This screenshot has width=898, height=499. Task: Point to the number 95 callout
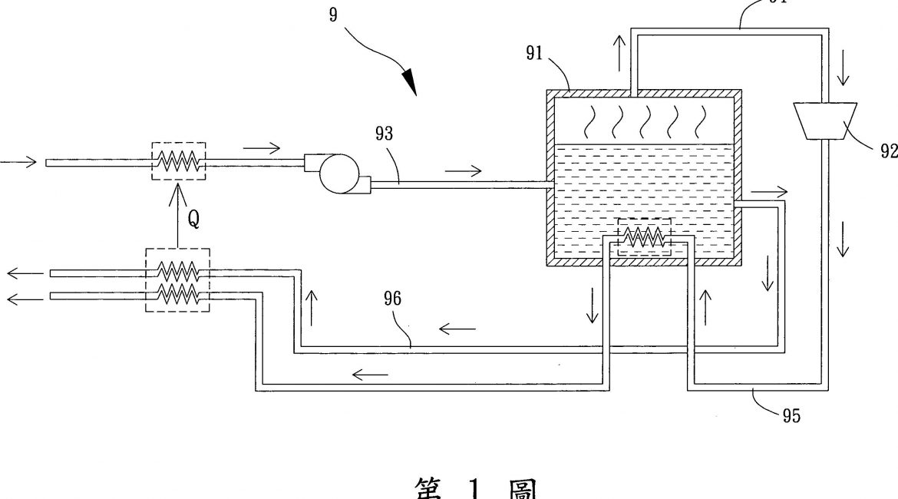[x=791, y=415]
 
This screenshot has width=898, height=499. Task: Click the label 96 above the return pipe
[x=392, y=299]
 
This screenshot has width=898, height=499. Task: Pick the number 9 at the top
[x=333, y=15]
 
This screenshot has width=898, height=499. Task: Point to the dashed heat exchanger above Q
[x=178, y=160]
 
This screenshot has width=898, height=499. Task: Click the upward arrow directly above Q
[x=178, y=197]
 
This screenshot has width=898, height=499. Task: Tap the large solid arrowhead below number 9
[x=408, y=81]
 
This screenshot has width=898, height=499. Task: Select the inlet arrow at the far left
[x=15, y=163]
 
